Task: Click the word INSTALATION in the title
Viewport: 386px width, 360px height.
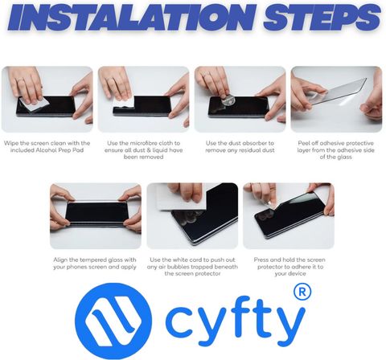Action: click(x=131, y=18)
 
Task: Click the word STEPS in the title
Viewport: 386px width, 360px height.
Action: click(x=322, y=18)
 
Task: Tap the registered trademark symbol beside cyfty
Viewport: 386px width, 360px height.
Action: click(x=302, y=292)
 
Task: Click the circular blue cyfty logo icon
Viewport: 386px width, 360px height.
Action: click(x=113, y=321)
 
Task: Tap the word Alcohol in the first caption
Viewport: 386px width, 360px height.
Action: click(x=46, y=150)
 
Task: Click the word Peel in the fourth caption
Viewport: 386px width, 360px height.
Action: click(x=303, y=143)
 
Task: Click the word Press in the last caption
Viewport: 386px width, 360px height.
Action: click(x=261, y=260)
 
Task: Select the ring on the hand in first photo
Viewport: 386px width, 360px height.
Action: click(x=19, y=79)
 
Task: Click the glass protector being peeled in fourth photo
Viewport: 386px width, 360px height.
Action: click(x=339, y=92)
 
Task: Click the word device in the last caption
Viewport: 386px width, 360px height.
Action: click(x=298, y=273)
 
